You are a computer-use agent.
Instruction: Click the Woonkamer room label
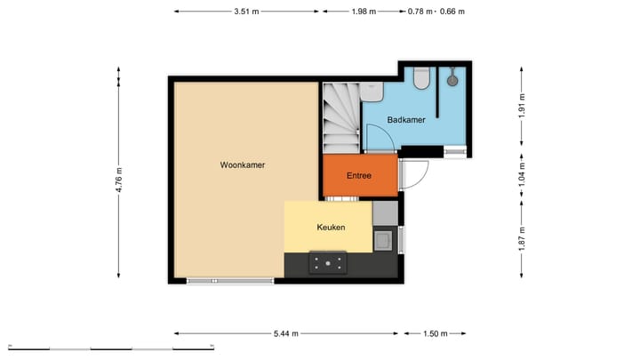(243, 164)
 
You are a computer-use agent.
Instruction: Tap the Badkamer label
(406, 119)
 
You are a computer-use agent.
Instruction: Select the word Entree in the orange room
(358, 176)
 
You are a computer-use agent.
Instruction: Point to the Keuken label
(331, 228)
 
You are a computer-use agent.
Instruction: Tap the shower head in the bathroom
(452, 80)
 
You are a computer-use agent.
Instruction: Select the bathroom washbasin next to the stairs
(374, 90)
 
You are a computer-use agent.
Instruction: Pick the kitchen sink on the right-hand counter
(385, 239)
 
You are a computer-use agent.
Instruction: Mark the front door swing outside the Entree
(414, 176)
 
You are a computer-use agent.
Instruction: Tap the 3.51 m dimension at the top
(246, 12)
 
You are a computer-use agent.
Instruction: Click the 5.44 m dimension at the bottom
(285, 334)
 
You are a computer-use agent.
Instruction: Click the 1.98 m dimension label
(364, 12)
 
